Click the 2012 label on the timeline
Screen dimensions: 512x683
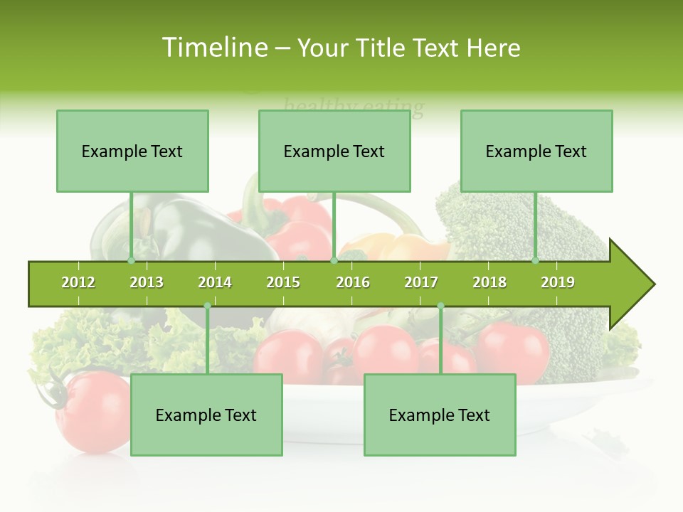tap(78, 282)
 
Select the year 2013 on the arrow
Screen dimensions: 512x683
tap(147, 282)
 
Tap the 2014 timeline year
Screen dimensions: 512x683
tap(215, 282)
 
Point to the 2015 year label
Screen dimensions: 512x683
tap(283, 282)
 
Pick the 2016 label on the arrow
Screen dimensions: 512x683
tap(353, 282)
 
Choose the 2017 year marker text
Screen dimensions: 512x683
tap(421, 282)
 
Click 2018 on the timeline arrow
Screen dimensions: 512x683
tap(489, 282)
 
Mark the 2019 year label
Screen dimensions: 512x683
tap(558, 282)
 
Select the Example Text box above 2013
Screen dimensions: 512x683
tap(132, 151)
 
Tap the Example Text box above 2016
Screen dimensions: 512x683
tap(334, 151)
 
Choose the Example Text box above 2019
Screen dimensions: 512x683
tap(536, 151)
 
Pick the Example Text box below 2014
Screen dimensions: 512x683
tap(206, 415)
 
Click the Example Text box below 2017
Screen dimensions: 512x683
tap(440, 415)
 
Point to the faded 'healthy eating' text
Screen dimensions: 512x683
tap(354, 107)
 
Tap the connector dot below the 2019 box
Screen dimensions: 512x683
tap(536, 260)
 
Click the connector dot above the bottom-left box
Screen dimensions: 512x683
tap(207, 306)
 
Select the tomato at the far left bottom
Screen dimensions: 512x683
tap(92, 412)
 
